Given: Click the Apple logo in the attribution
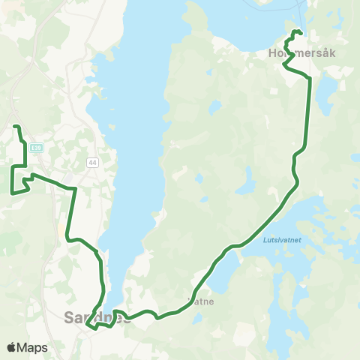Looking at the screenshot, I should coord(11,347).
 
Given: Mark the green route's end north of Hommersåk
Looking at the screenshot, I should coord(301,32).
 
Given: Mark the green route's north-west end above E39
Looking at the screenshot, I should coord(15,125).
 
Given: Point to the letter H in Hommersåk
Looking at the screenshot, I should coord(271,54).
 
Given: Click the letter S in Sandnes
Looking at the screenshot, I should coord(70,317).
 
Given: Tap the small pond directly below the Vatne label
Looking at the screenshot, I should coord(196,319).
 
